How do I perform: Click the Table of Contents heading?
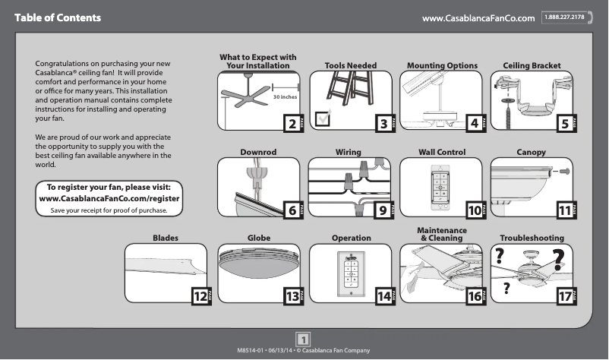point(58,17)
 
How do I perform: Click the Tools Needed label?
point(350,66)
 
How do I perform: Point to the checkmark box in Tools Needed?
point(323,118)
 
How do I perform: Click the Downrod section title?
point(257,153)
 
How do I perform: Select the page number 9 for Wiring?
point(381,210)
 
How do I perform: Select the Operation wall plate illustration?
point(351,270)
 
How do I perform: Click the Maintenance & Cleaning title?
point(441,233)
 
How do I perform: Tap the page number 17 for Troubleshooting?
point(563,296)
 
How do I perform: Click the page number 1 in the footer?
point(303,339)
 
